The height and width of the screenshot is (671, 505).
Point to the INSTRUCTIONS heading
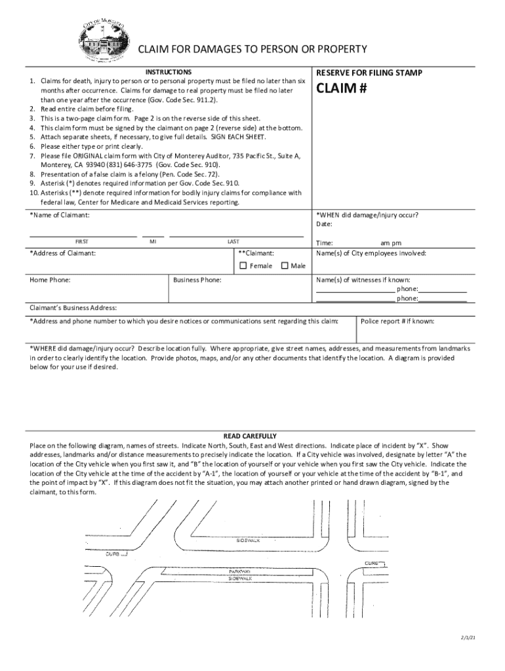coord(169,71)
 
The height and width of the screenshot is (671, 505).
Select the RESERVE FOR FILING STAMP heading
coord(369,73)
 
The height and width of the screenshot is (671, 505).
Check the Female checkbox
coord(243,265)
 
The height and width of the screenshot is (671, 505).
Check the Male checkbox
coord(285,265)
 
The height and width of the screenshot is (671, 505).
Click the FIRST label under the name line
coord(83,242)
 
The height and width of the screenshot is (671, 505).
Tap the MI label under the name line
coord(153,242)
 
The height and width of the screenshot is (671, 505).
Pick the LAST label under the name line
coord(233,242)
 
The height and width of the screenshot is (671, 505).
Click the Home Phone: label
coord(51,280)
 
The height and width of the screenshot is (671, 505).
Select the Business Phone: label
coord(197,280)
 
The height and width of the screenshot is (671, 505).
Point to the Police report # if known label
coord(397,321)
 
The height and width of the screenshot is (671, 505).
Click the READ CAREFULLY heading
coord(250,436)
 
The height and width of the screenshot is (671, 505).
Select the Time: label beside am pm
coord(324,242)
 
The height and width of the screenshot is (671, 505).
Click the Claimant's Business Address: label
coord(73,307)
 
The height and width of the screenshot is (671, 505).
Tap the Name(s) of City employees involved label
coord(371,253)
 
